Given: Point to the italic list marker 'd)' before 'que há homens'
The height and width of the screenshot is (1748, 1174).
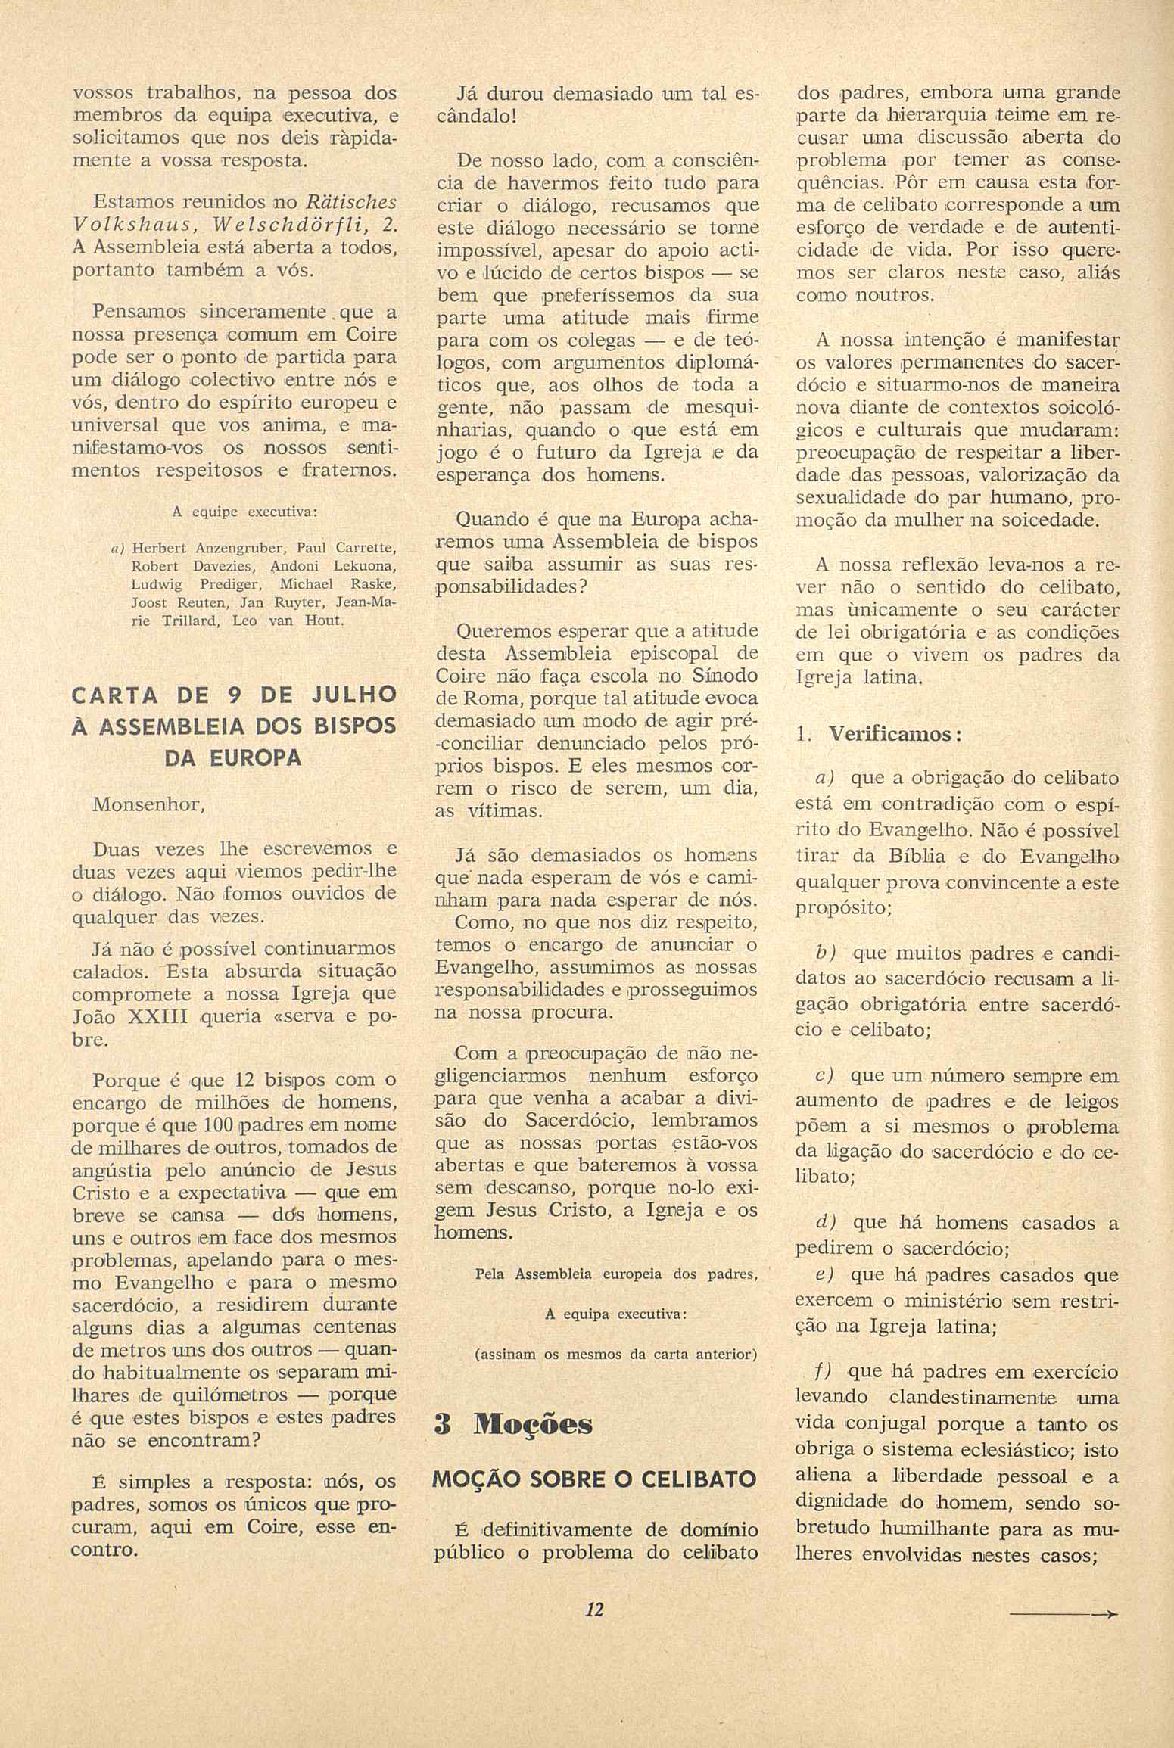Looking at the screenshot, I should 826,1222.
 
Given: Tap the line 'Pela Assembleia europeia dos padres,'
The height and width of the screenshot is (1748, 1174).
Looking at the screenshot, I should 616,1274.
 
